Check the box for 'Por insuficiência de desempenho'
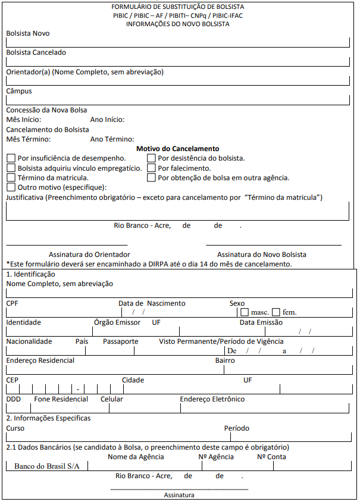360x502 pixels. (11, 158)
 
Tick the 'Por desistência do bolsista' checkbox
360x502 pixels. (151, 158)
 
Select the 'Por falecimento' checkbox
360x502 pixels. (151, 168)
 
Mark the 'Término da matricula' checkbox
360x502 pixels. (11, 177)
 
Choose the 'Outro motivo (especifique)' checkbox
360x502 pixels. (11, 187)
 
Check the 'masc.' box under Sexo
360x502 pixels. (245, 312)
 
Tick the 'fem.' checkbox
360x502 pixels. (276, 312)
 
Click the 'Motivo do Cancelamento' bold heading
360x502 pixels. (178, 149)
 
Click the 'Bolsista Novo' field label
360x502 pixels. (28, 33)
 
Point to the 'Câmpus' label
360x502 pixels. (19, 91)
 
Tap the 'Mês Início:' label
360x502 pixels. (24, 120)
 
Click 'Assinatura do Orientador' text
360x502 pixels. (81, 254)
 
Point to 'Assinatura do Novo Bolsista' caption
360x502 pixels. (261, 254)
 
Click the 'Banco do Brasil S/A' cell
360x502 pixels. (46, 466)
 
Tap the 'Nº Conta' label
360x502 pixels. (271, 457)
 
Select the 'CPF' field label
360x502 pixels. (12, 303)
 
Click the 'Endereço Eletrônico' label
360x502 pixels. (212, 399)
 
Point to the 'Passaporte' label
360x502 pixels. (120, 341)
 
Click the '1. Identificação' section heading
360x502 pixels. (30, 274)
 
